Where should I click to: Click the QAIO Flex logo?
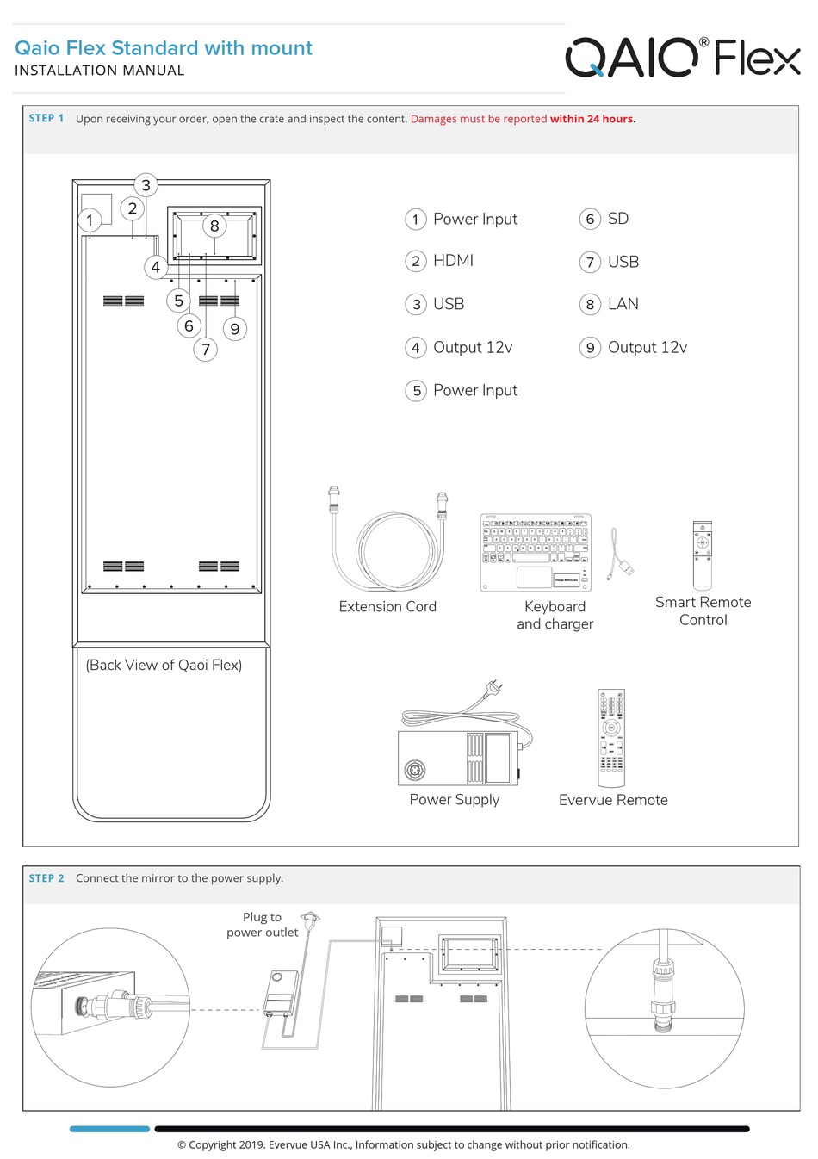[682, 58]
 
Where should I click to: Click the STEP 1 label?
[46, 118]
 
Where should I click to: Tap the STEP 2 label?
[46, 878]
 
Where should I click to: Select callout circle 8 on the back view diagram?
[214, 226]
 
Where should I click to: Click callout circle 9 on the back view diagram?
[234, 329]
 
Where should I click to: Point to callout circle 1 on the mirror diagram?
[90, 220]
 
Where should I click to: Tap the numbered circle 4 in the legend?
[416, 348]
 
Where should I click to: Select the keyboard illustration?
[536, 554]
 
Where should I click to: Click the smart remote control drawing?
[703, 554]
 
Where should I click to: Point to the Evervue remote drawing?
[611, 738]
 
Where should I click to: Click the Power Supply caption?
[454, 800]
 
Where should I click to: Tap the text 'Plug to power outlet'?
[262, 925]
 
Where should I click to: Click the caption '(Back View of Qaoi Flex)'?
[164, 665]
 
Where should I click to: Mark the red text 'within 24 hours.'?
[592, 119]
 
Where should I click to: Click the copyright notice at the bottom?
[403, 1144]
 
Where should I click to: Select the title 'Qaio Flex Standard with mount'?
[164, 48]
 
